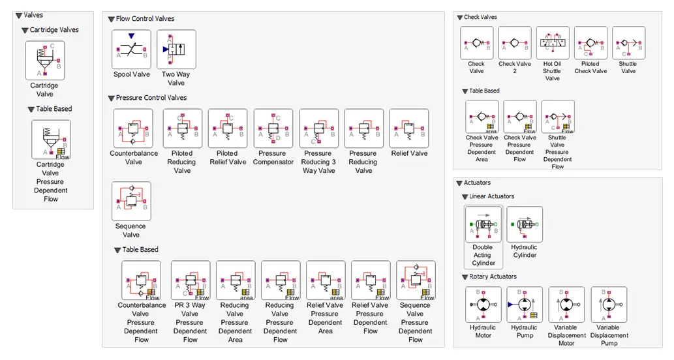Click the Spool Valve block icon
point(132,50)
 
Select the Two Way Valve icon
point(176,50)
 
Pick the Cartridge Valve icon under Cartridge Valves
point(45,61)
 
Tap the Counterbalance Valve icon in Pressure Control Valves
point(133,128)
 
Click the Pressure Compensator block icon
point(273,128)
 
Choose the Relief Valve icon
point(409,128)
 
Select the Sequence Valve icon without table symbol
point(132,201)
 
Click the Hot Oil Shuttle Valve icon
point(553,43)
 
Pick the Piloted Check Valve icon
point(590,43)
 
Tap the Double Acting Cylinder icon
point(483,224)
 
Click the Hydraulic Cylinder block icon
point(525,224)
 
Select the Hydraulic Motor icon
point(483,305)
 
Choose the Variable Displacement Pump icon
point(609,305)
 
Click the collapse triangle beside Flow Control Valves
point(111,20)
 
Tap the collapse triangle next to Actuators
point(459,183)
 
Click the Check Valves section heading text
point(480,17)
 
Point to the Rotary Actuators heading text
point(493,277)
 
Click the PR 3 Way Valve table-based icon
point(191,280)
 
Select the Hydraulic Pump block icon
point(525,305)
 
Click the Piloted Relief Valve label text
point(228,158)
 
